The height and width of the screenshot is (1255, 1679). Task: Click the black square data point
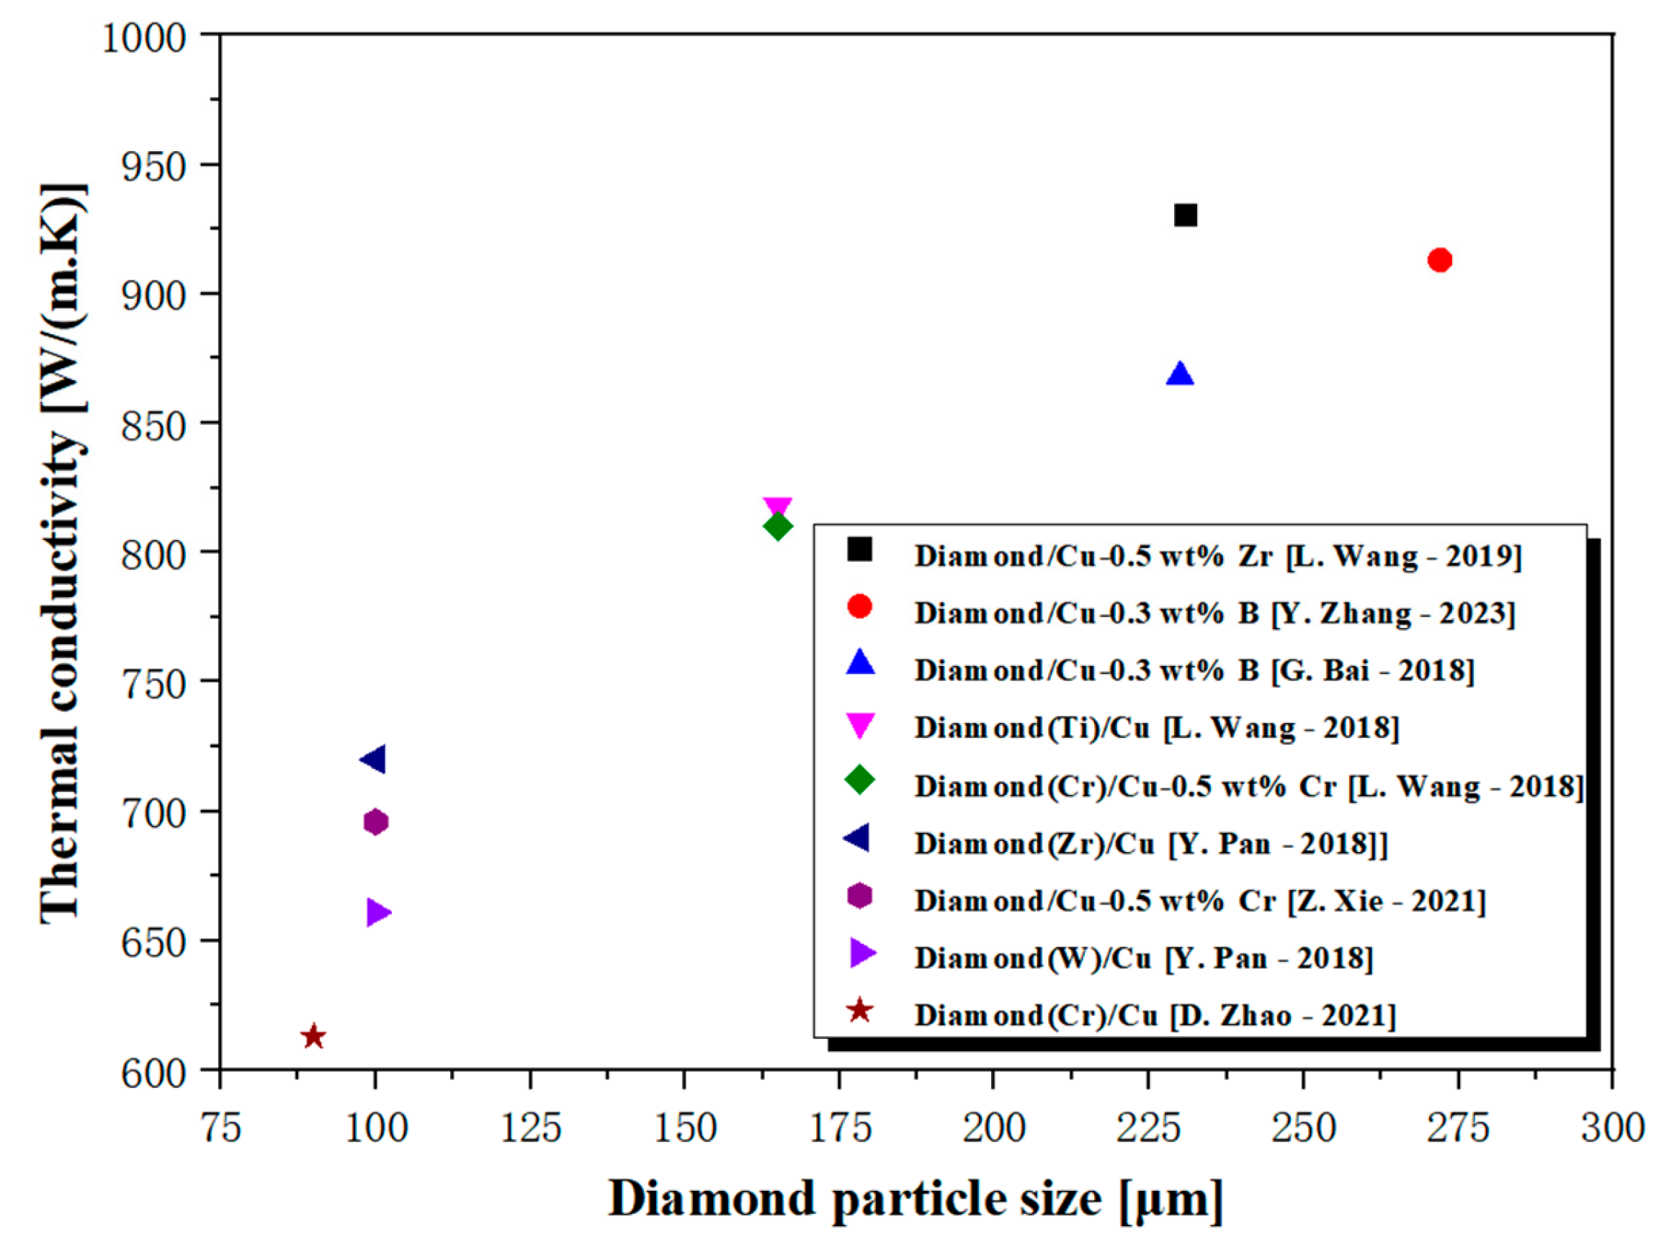point(1186,215)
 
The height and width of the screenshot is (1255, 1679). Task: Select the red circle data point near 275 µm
point(1440,260)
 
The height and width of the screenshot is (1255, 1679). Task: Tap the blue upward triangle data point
point(1180,375)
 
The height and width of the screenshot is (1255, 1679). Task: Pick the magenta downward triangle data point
point(778,507)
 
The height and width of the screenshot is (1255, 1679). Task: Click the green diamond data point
point(778,526)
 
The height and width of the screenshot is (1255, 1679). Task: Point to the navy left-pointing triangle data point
point(373,759)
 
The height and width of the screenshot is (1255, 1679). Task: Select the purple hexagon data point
point(376,822)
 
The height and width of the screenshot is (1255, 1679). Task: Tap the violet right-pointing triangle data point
point(377,912)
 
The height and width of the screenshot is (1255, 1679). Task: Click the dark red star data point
point(313,1037)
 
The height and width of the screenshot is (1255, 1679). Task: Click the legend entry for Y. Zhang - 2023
point(1214,613)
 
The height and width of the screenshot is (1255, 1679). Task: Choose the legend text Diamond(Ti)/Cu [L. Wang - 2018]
point(1157,728)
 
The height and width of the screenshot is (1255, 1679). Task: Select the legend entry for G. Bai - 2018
point(1194,671)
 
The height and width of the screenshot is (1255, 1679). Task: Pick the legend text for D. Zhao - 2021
point(1155,1015)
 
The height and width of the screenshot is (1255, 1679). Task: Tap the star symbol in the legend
point(859,1012)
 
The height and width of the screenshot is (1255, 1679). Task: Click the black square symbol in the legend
point(860,549)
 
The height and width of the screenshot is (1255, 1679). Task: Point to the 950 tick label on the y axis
point(154,166)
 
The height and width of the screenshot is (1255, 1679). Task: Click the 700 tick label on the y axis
point(154,814)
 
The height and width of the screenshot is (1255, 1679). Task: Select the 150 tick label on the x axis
point(686,1128)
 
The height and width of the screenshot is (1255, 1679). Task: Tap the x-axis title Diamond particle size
point(915,1200)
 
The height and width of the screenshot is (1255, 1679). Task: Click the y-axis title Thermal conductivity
point(62,554)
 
